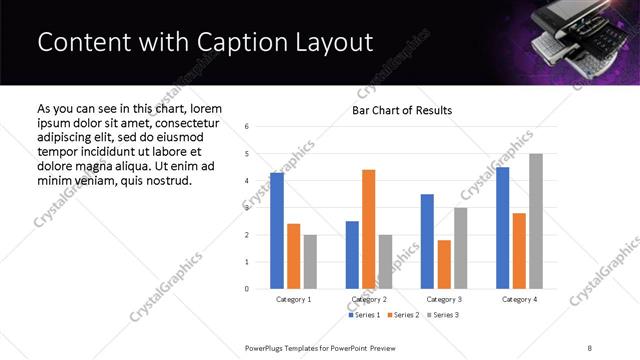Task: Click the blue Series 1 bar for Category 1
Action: (x=277, y=231)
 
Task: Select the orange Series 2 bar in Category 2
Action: (x=368, y=229)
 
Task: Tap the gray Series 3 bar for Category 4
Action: (x=536, y=221)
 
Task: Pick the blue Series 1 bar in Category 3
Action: (x=427, y=241)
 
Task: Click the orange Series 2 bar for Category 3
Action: (x=444, y=264)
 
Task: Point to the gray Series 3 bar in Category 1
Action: (x=310, y=262)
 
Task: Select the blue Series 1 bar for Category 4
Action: (x=503, y=228)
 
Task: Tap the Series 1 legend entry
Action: (x=364, y=315)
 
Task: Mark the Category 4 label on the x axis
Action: (x=519, y=299)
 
